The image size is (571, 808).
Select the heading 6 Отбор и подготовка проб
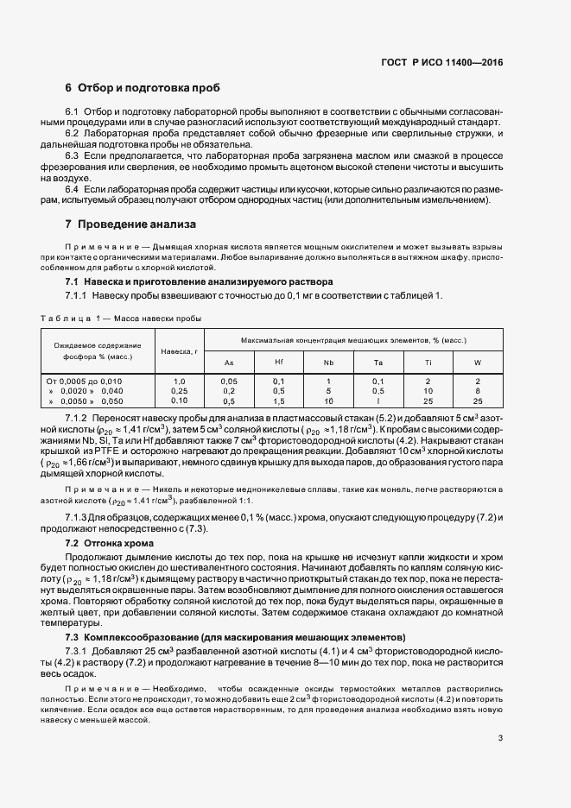coord(143,88)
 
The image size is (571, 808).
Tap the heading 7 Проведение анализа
coord(130,224)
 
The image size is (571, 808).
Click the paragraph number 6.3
coord(73,155)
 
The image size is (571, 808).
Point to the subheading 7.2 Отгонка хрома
coord(110,544)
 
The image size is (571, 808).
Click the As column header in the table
coord(229,363)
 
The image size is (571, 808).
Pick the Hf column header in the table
coord(278,363)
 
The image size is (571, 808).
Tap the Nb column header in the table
coord(328,363)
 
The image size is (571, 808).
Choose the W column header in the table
coord(478,363)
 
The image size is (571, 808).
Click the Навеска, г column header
coord(179,351)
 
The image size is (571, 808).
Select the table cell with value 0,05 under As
coord(229,381)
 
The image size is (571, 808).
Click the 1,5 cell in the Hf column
coord(278,401)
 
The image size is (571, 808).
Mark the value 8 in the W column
coord(478,391)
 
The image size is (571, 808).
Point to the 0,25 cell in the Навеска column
coord(179,391)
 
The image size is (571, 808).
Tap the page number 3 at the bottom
coord(501,738)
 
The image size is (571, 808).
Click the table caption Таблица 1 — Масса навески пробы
coord(121,318)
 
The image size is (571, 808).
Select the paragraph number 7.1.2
coord(79,418)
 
